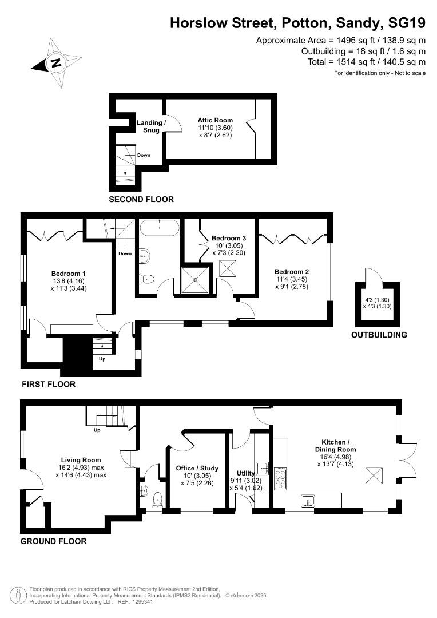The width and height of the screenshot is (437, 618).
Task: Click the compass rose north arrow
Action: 55,63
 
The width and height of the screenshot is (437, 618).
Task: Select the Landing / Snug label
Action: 151,126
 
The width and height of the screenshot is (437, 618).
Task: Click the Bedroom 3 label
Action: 229,238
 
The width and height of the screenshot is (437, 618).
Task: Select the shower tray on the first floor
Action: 196,280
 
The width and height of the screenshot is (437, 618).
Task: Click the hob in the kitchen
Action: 281,478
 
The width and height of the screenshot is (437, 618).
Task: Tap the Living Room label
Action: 81,460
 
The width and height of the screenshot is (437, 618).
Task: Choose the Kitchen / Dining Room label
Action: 339,446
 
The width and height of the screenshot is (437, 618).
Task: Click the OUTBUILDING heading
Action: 379,335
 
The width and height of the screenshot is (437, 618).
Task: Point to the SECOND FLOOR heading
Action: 141,200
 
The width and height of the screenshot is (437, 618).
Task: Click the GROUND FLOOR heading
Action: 54,541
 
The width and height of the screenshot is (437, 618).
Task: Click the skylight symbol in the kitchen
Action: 374,474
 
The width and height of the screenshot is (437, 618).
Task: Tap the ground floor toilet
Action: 157,498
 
